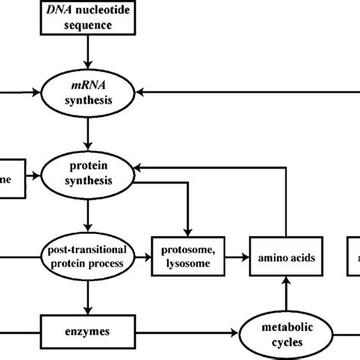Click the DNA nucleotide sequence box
click(x=90, y=17)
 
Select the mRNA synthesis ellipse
click(x=90, y=93)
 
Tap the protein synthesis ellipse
click(x=90, y=174)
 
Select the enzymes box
click(x=90, y=332)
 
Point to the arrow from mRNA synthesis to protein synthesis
click(x=90, y=133)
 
